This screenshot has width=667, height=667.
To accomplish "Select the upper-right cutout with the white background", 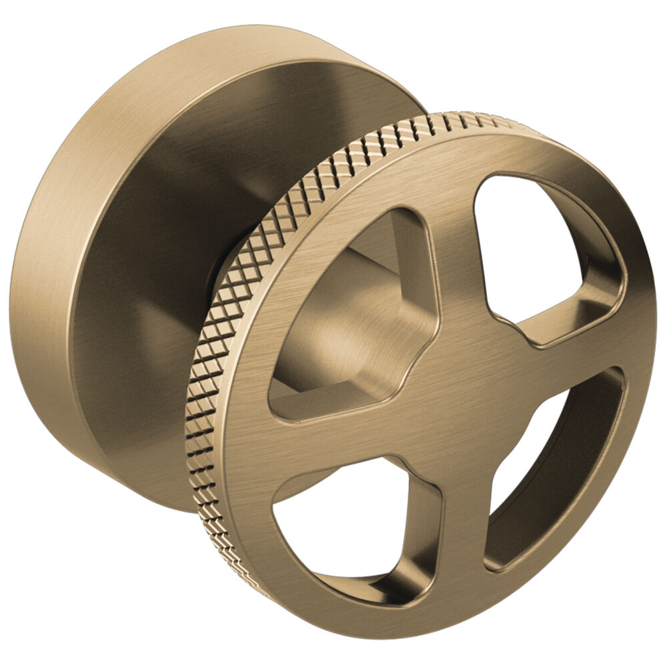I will click(527, 247).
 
